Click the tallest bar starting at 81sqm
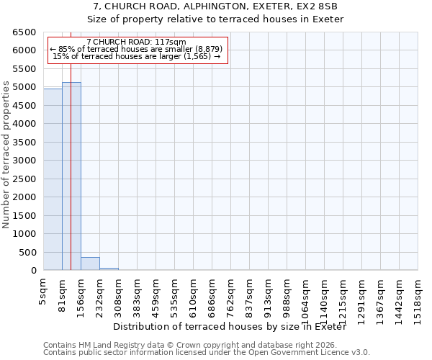(x=71, y=176)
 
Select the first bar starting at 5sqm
(x=53, y=179)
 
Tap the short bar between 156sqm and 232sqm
(x=90, y=264)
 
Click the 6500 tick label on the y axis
(x=24, y=32)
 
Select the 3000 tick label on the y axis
(x=24, y=161)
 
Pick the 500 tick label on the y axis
(x=27, y=252)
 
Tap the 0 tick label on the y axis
(x=33, y=271)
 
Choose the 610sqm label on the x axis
(x=194, y=294)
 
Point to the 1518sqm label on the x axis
(x=418, y=296)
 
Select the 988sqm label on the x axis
(x=287, y=294)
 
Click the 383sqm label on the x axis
(x=138, y=294)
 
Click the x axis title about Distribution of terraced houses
(x=230, y=327)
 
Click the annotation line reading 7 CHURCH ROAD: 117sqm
(x=136, y=42)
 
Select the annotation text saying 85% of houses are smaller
(x=136, y=49)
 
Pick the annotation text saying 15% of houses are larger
(x=136, y=56)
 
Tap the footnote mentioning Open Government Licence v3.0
(x=207, y=353)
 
